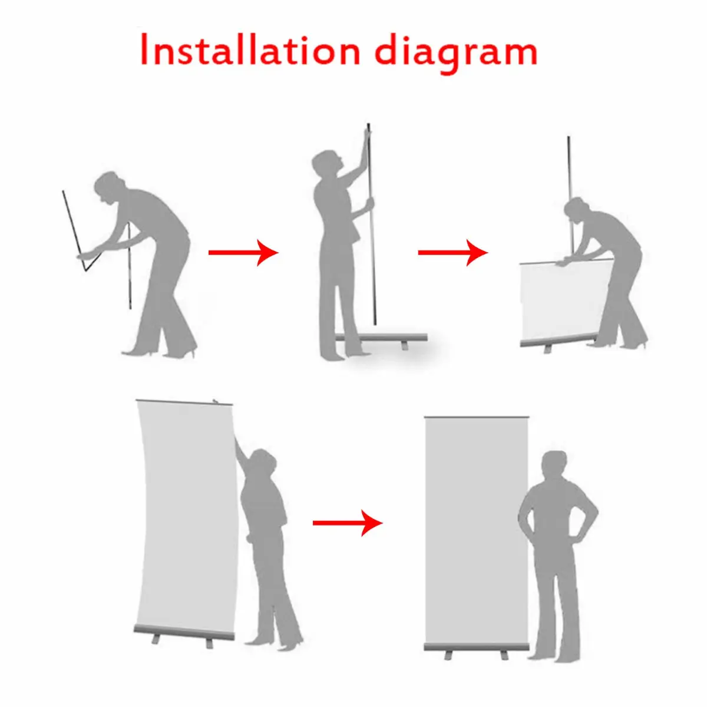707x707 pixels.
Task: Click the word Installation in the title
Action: pos(250,50)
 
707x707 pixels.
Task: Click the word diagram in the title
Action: pos(456,54)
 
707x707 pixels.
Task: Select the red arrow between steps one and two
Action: pos(243,252)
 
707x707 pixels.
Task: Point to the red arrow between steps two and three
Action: pos(452,252)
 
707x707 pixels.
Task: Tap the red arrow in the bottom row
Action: pos(348,523)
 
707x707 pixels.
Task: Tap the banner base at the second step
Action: pos(382,338)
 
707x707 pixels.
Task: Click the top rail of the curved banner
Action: pos(184,402)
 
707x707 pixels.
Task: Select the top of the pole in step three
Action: pos(569,138)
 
